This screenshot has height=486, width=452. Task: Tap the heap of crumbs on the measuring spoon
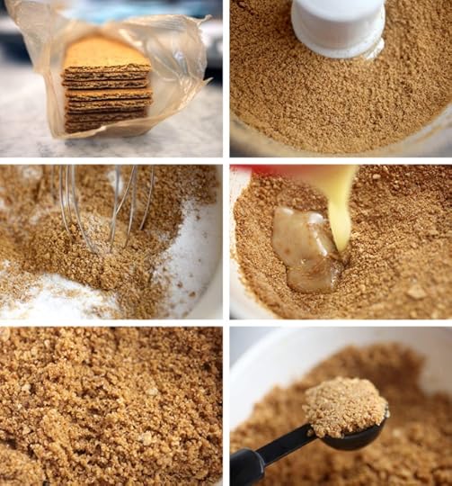point(345,405)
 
